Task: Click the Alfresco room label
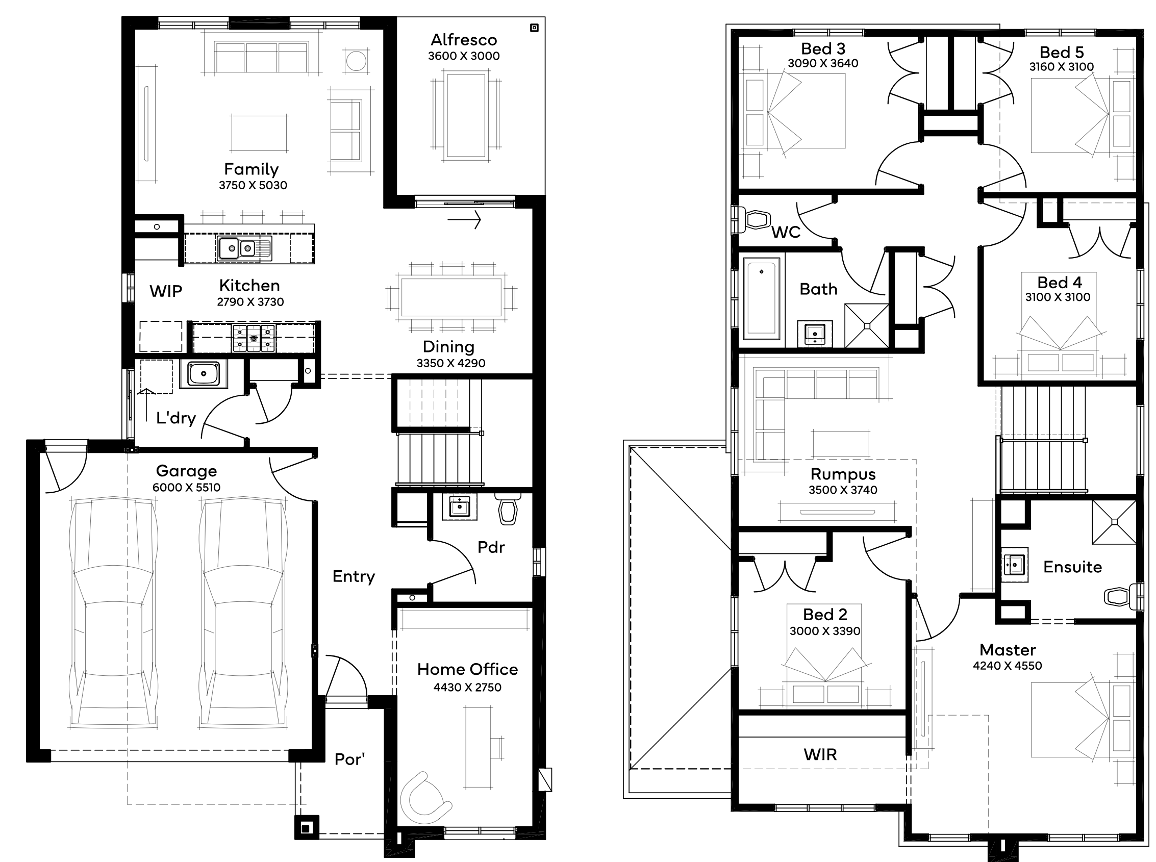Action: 463,40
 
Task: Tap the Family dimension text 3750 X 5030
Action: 253,185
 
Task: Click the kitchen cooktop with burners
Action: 254,338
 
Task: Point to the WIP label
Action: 166,291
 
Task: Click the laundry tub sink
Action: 204,373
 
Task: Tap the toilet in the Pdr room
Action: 508,508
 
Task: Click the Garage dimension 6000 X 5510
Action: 186,487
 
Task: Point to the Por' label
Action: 349,759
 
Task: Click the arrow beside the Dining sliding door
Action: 464,220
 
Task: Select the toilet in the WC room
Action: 753,219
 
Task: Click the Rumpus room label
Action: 843,474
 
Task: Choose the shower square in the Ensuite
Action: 1114,522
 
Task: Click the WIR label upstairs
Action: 820,754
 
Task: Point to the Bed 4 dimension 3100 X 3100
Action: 1058,297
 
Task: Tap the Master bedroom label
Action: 1007,650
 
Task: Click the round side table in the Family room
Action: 357,61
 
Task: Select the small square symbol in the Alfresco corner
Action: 534,28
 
